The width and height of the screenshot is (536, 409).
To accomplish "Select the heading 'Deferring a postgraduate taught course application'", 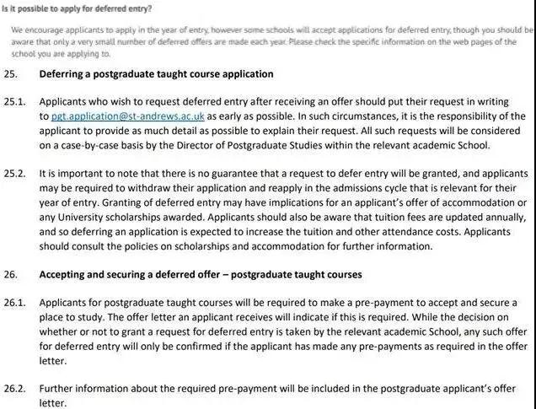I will click(x=156, y=74).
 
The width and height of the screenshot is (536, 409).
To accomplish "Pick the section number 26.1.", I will click(x=14, y=302).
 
